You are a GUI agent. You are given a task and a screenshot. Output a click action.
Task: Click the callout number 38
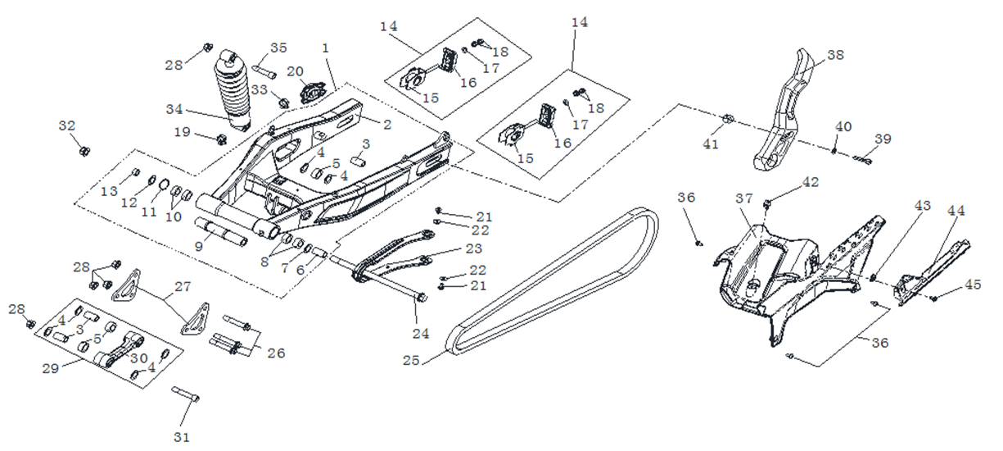(835, 55)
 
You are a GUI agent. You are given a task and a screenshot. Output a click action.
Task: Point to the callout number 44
(956, 211)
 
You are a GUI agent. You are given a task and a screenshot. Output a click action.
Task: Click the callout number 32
(67, 125)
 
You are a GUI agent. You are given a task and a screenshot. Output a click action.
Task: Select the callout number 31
(182, 437)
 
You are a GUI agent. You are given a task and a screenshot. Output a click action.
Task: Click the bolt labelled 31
(186, 395)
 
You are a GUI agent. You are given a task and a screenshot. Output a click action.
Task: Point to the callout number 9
(198, 245)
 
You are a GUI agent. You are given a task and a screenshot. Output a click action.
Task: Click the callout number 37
(743, 199)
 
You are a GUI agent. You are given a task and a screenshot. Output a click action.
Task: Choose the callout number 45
(973, 285)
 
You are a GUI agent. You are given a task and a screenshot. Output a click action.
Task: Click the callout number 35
(278, 48)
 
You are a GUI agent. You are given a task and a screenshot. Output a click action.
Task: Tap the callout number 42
(810, 181)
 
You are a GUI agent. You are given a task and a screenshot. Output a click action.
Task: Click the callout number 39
(882, 139)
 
